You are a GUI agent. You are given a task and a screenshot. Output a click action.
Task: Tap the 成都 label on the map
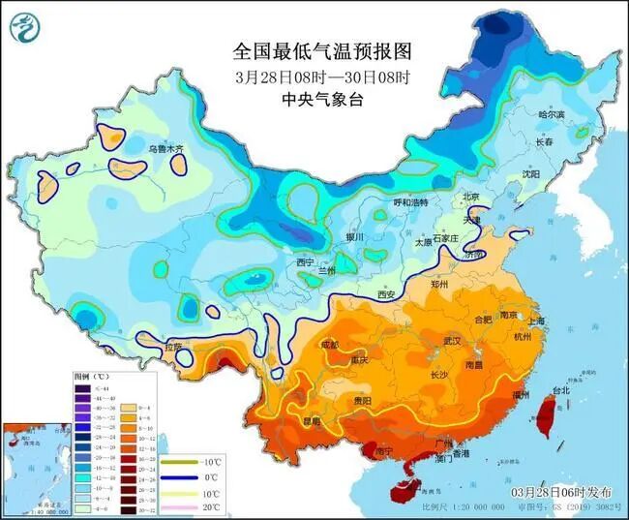coord(329,345)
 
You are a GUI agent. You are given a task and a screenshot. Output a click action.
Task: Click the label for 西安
coord(386,294)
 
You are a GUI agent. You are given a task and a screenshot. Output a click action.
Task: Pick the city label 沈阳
coord(529,174)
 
